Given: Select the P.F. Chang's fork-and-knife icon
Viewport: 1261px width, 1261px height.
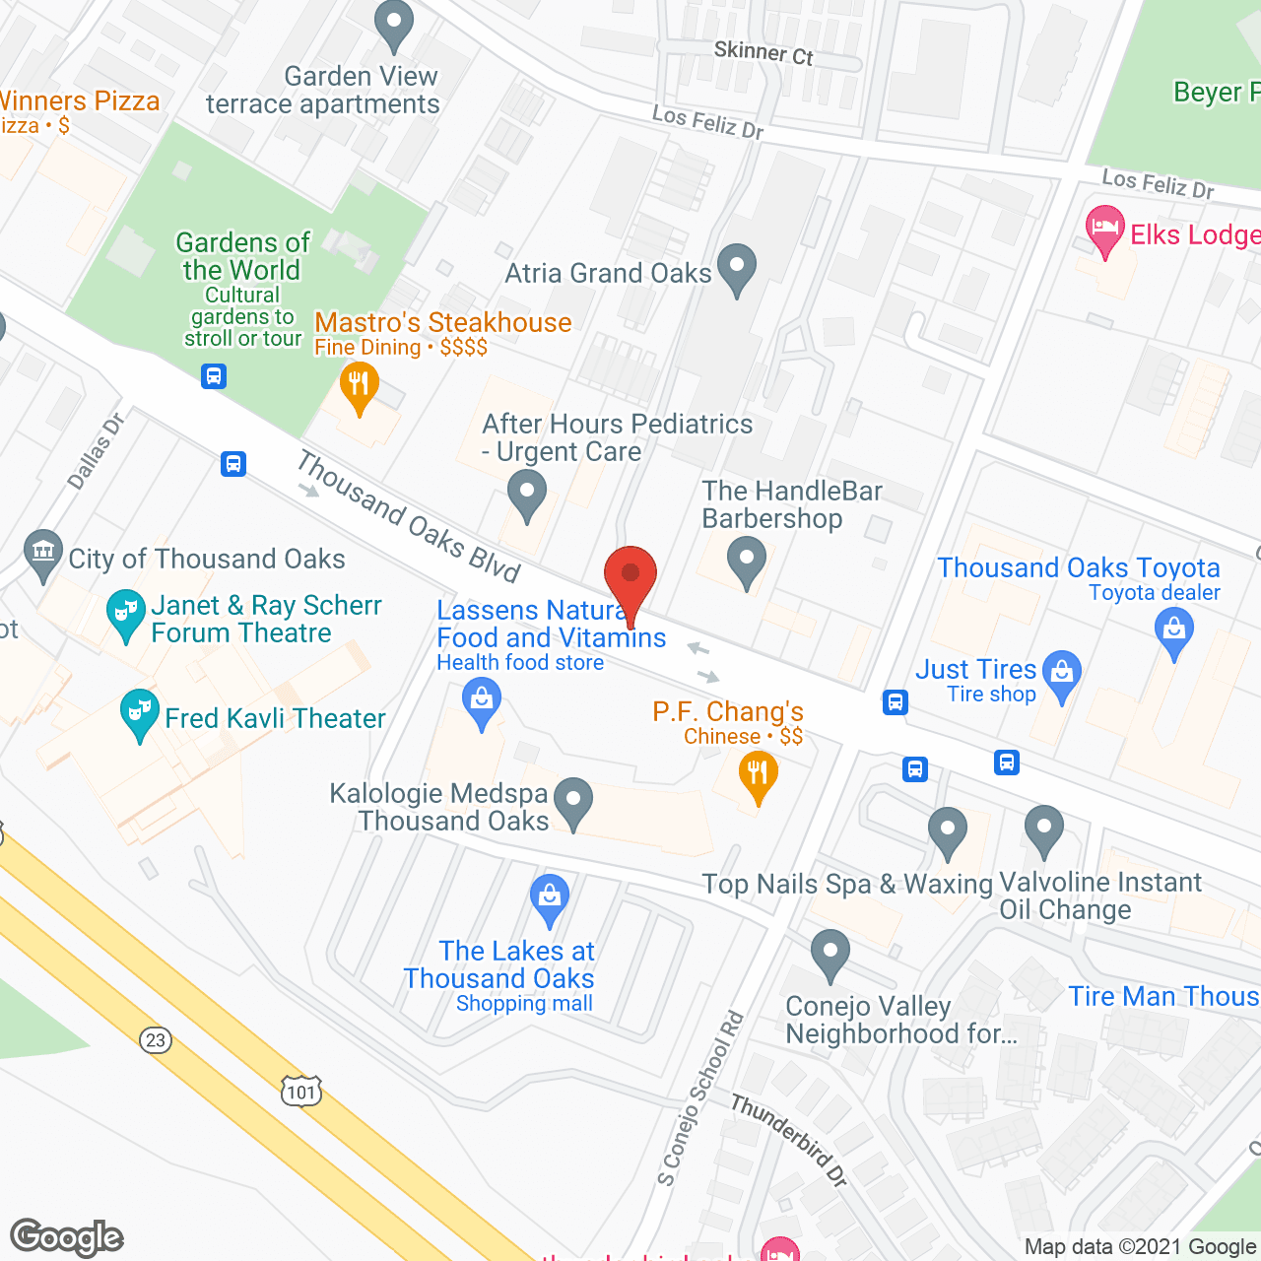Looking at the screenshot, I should point(758,773).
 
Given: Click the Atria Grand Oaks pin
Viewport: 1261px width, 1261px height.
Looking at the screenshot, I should point(736,268).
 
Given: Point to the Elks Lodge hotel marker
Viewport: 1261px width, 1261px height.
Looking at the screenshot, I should point(1105,230).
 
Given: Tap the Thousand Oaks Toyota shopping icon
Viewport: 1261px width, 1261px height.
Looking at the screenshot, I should point(1173,629).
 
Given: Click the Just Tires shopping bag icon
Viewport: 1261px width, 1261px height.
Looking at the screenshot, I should point(1061,674).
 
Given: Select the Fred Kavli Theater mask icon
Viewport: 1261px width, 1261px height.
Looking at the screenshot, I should point(139,712).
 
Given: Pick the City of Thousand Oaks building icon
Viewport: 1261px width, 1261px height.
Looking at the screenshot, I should point(42,555).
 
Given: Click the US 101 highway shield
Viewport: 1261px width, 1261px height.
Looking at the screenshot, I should point(301,1091).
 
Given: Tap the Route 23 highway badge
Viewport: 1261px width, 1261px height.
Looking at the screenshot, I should point(156,1040).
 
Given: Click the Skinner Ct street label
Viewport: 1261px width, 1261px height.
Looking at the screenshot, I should point(763,53).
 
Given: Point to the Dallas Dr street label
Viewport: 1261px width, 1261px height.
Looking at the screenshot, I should point(96,452).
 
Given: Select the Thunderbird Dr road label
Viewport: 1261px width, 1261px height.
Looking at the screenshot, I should point(789,1140).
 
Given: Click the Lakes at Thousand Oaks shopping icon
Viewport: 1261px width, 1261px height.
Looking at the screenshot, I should point(549,897).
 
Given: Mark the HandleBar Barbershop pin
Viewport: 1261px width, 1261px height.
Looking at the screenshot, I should point(746,561).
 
